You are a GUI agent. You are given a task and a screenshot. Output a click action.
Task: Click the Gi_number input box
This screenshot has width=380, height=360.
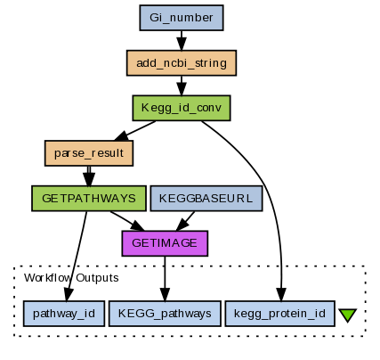(x=182, y=18)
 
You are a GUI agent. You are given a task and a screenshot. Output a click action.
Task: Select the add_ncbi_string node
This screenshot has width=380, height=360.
(x=182, y=63)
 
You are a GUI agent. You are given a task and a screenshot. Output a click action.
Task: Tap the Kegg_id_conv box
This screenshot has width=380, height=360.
(x=182, y=108)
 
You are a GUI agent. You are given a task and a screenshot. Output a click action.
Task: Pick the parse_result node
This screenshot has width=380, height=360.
(x=89, y=153)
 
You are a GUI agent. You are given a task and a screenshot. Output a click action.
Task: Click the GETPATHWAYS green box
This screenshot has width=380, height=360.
(x=89, y=199)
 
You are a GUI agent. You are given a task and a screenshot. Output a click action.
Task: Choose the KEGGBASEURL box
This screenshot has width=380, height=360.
(x=206, y=199)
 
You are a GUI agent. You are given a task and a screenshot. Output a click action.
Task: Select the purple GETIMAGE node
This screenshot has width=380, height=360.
(x=165, y=243)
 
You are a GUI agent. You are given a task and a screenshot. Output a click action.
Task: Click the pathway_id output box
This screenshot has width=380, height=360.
(x=64, y=314)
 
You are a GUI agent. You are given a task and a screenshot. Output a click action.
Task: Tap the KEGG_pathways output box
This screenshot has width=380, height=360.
(x=165, y=314)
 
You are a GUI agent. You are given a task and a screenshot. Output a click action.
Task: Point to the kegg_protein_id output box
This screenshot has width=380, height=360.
(x=279, y=314)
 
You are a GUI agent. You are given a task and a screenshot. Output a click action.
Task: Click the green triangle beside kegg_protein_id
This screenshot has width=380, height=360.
(x=347, y=315)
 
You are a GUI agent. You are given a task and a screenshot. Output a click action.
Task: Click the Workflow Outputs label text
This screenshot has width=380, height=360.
(x=71, y=278)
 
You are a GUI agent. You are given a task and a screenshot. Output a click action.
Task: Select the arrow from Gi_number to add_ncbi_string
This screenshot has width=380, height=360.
(x=182, y=40)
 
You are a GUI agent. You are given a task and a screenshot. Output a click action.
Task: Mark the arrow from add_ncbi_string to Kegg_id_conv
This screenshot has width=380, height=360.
(x=182, y=86)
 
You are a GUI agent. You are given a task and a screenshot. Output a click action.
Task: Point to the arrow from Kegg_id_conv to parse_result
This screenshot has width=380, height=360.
(x=135, y=131)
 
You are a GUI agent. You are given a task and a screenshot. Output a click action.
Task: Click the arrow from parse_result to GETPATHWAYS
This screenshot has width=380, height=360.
(x=89, y=176)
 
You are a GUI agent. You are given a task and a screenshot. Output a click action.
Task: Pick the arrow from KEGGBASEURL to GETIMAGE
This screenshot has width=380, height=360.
(x=186, y=221)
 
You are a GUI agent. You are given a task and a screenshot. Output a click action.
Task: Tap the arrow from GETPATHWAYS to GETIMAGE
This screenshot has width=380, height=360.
(x=127, y=221)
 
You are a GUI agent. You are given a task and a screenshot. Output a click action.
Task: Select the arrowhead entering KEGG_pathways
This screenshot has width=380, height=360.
(x=165, y=294)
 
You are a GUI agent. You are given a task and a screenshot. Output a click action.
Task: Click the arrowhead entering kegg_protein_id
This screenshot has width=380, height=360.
(x=281, y=294)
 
